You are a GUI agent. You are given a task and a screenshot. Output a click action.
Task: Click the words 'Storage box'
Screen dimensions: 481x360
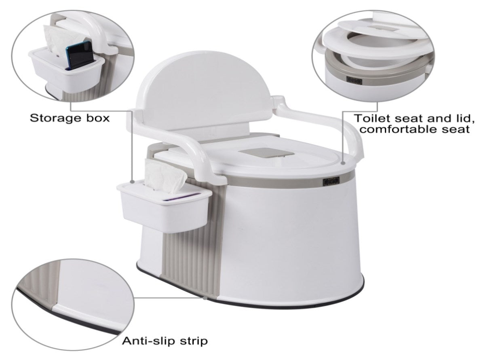70,118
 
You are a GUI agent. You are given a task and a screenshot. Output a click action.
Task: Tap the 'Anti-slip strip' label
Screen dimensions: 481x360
165,341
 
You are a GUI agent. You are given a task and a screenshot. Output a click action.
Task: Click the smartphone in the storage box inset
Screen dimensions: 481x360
79,56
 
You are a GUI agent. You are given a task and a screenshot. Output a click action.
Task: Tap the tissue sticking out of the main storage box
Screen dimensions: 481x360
165,174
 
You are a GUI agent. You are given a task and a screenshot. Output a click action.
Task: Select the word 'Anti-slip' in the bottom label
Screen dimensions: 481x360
146,341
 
